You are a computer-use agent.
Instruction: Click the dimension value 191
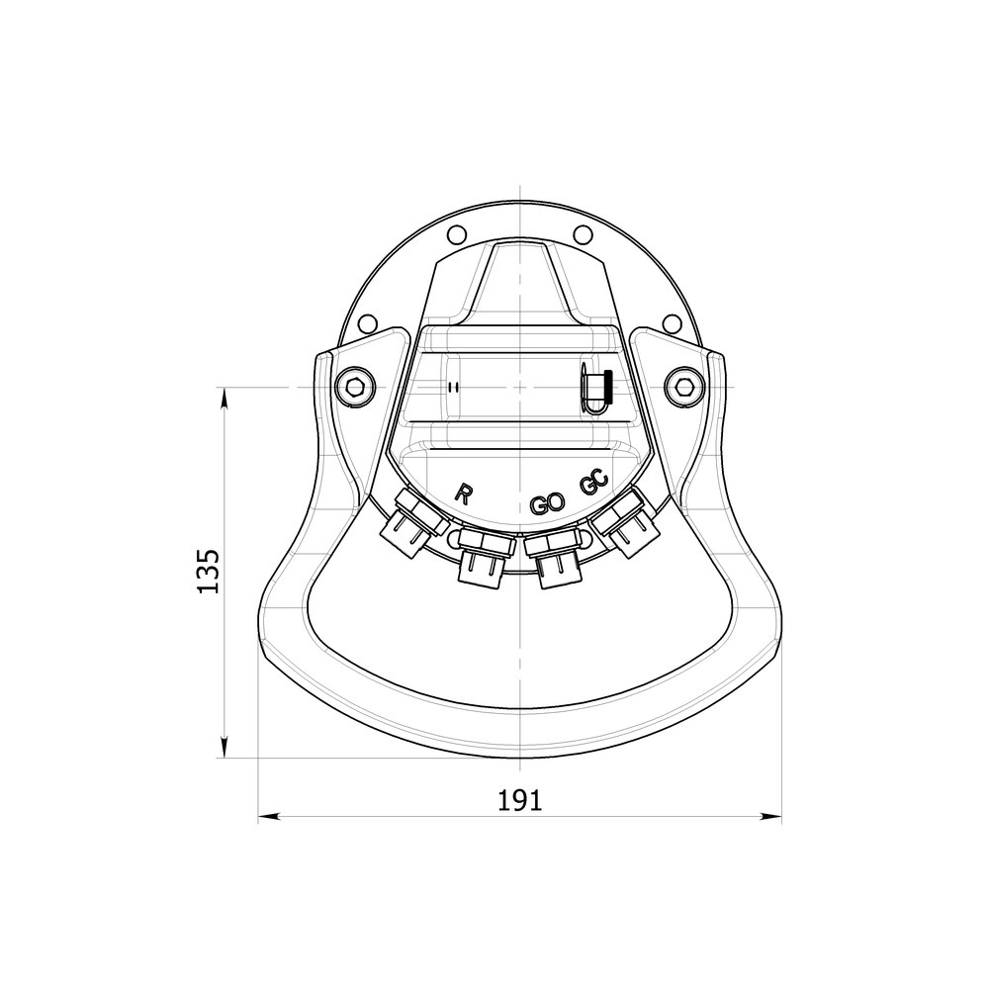pyautogui.click(x=519, y=800)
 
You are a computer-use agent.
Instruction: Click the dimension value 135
pyautogui.click(x=209, y=571)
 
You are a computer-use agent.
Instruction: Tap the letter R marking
pyautogui.click(x=463, y=495)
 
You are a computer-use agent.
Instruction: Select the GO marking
pyautogui.click(x=546, y=504)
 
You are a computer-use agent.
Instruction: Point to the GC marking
pyautogui.click(x=592, y=485)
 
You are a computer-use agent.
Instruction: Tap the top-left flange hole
pyautogui.click(x=454, y=235)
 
